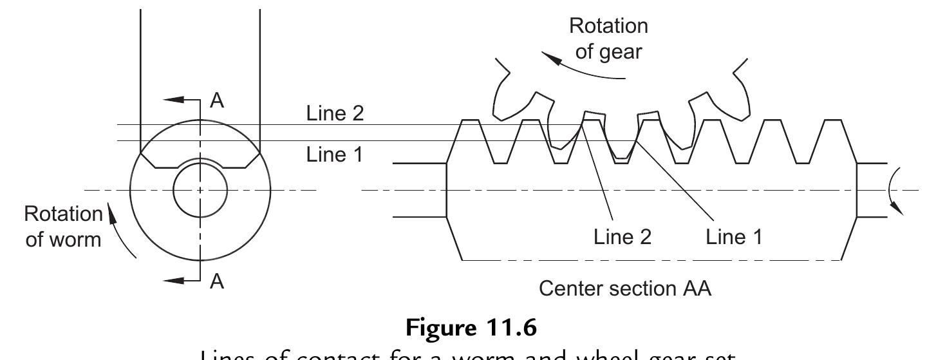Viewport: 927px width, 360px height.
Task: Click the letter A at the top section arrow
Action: [x=218, y=101]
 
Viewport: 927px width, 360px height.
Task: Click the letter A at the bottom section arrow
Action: [x=218, y=281]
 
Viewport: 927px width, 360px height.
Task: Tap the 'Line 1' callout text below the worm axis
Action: [x=735, y=237]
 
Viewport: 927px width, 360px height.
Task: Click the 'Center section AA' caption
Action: [x=624, y=289]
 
